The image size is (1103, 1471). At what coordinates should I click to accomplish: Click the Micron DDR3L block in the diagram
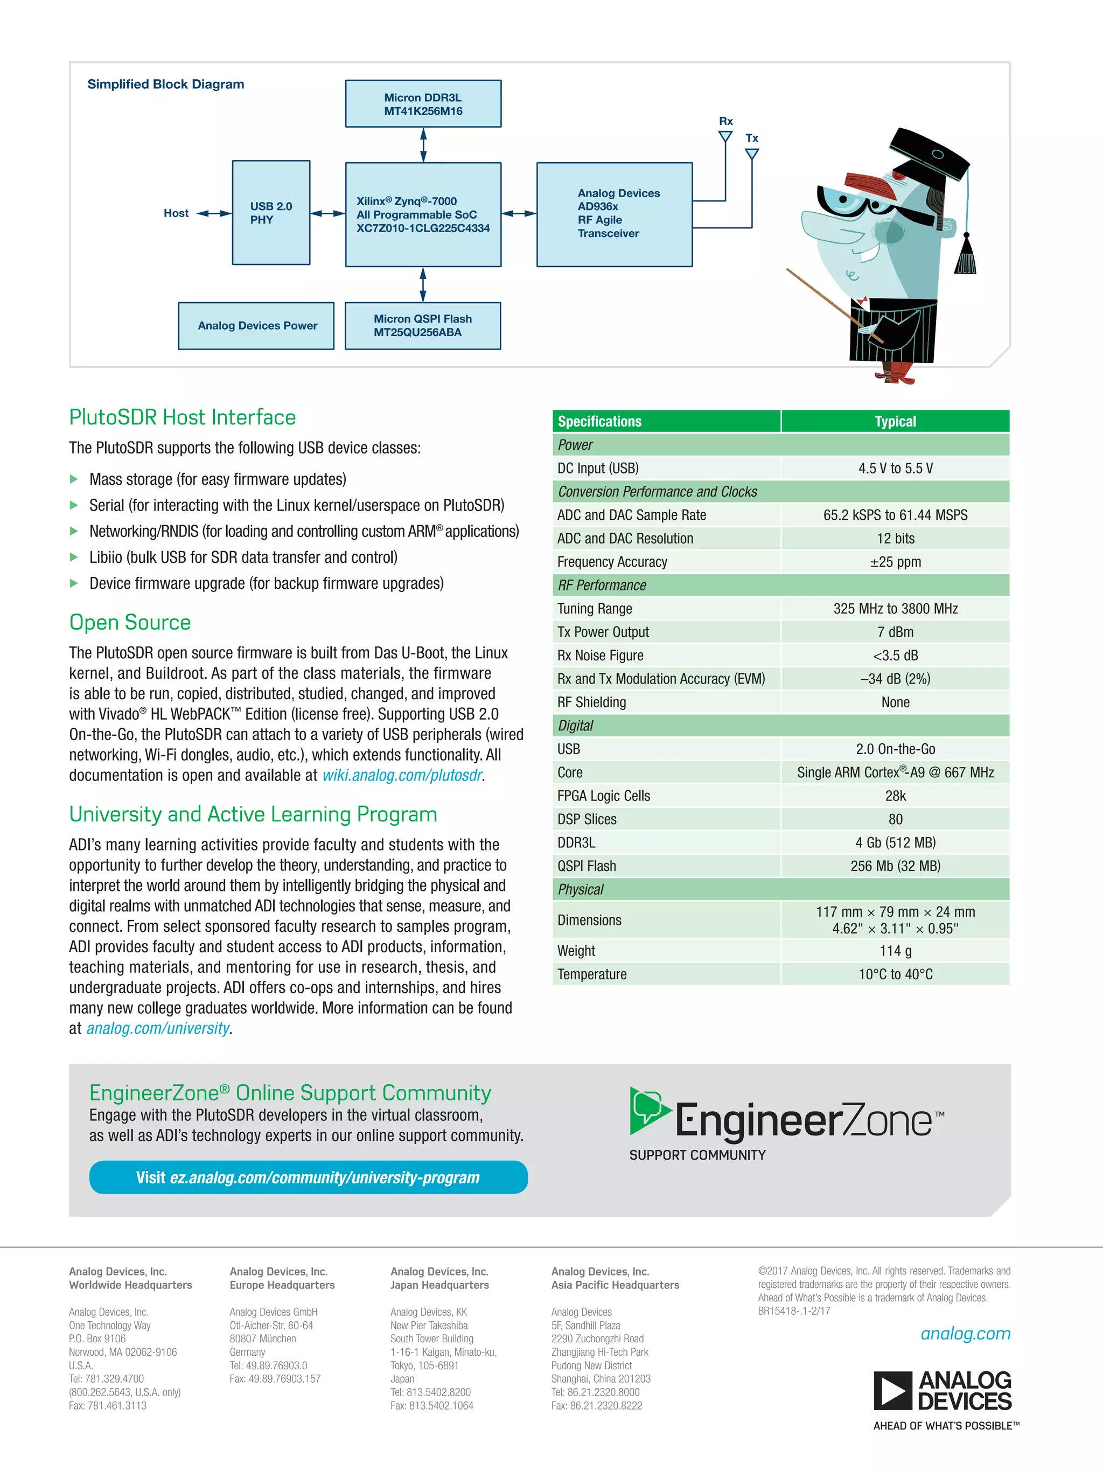tap(423, 104)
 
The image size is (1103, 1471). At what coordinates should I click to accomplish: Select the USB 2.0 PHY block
tap(270, 213)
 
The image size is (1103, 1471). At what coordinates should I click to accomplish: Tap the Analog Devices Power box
tap(257, 326)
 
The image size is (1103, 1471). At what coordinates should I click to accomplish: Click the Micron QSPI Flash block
tap(423, 326)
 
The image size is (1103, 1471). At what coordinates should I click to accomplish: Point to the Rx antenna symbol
tap(725, 136)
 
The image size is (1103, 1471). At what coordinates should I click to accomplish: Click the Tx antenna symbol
tap(752, 154)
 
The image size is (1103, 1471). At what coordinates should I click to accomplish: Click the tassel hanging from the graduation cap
tap(965, 256)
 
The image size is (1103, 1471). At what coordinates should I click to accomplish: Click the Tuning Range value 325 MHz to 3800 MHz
tap(895, 609)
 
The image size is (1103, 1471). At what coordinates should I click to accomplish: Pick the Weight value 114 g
tap(895, 951)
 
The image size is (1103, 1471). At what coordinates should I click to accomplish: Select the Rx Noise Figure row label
tap(601, 656)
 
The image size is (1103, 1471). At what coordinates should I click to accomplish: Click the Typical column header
tap(895, 422)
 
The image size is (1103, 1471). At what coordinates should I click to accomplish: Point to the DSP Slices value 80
tap(895, 819)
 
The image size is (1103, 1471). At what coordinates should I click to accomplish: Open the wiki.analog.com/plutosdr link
tap(402, 776)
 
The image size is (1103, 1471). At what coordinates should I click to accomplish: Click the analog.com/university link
tap(158, 1029)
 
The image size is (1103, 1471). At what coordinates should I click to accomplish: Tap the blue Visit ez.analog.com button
tap(308, 1178)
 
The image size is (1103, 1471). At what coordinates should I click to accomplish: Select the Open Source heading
tap(130, 623)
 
